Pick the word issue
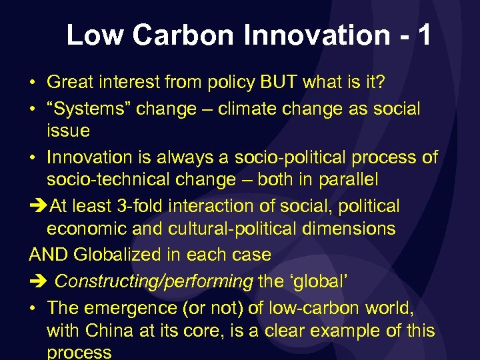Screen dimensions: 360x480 (68, 130)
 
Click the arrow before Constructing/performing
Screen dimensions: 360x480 (37, 281)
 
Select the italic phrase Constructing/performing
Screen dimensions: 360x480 (153, 281)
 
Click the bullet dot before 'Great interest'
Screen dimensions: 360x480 (32, 83)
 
